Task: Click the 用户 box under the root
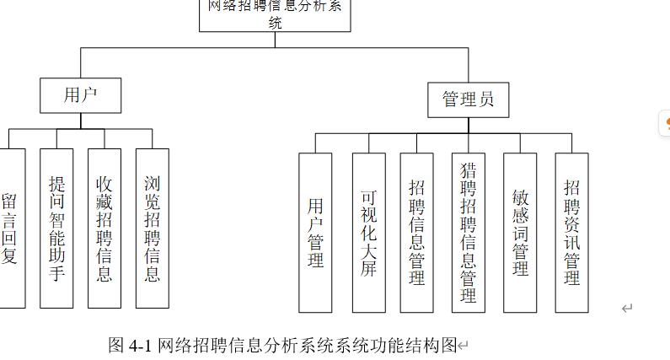click(81, 95)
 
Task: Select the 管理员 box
click(468, 100)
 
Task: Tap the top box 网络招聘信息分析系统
click(275, 14)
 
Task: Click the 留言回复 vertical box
click(10, 228)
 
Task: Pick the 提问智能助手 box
click(57, 228)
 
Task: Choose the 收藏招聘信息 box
click(105, 228)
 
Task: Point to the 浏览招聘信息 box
click(152, 228)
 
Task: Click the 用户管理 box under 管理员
click(315, 232)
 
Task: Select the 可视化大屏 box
click(368, 232)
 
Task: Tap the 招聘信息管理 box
click(416, 232)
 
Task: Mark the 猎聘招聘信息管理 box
click(469, 232)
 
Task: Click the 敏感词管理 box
click(520, 232)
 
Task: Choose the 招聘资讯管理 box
click(572, 232)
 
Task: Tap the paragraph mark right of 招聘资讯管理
click(627, 309)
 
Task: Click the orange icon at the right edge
click(666, 125)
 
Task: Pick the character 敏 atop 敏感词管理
click(520, 196)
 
